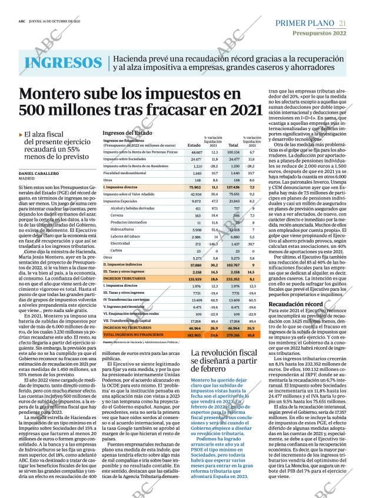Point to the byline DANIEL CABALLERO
[x=39, y=174]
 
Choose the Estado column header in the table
[x=194, y=145]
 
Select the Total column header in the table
[x=233, y=145]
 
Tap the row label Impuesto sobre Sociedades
[x=124, y=159]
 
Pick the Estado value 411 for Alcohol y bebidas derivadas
[x=198, y=208]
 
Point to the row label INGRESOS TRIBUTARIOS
[x=126, y=278]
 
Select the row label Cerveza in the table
[x=118, y=215]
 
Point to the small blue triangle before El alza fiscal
[x=21, y=135]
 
